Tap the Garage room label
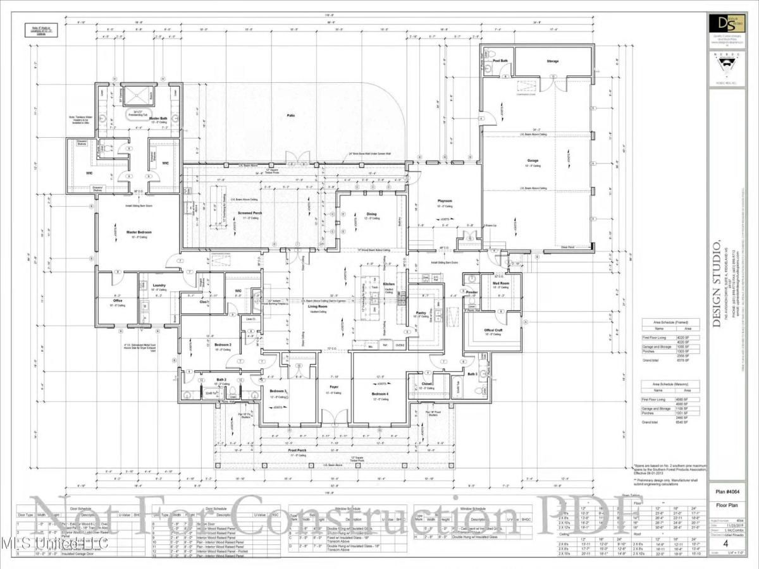533,160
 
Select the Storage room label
553,61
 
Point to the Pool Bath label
500,61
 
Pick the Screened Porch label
250,214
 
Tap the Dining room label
371,214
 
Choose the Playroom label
445,202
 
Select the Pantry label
420,312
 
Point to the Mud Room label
501,283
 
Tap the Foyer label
333,387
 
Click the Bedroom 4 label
380,394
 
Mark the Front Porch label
297,450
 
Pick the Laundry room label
159,285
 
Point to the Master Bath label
158,118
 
